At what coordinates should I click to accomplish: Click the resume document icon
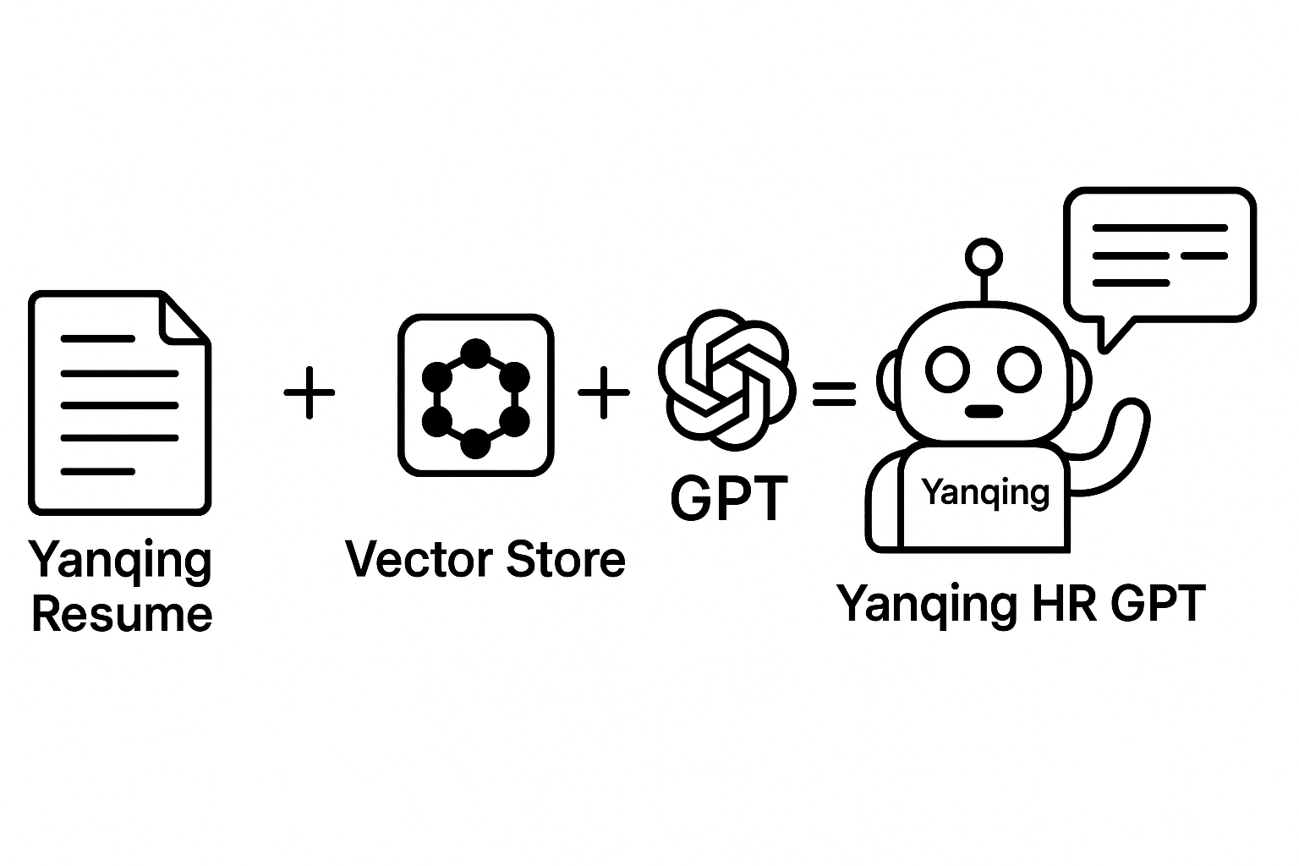pyautogui.click(x=119, y=403)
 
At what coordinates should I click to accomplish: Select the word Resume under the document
pyautogui.click(x=122, y=614)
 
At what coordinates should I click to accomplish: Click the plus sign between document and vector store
pyautogui.click(x=309, y=392)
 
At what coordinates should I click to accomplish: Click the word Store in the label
pyautogui.click(x=566, y=559)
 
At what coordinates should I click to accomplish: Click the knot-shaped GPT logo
pyautogui.click(x=726, y=378)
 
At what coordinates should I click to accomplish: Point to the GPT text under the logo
pyautogui.click(x=729, y=499)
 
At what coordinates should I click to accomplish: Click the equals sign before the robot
pyautogui.click(x=834, y=393)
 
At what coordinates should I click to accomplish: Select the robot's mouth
pyautogui.click(x=984, y=412)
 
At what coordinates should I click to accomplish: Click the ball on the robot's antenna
pyautogui.click(x=984, y=255)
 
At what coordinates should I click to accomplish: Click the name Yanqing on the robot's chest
pyautogui.click(x=984, y=491)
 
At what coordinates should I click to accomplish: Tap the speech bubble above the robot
pyautogui.click(x=1159, y=255)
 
